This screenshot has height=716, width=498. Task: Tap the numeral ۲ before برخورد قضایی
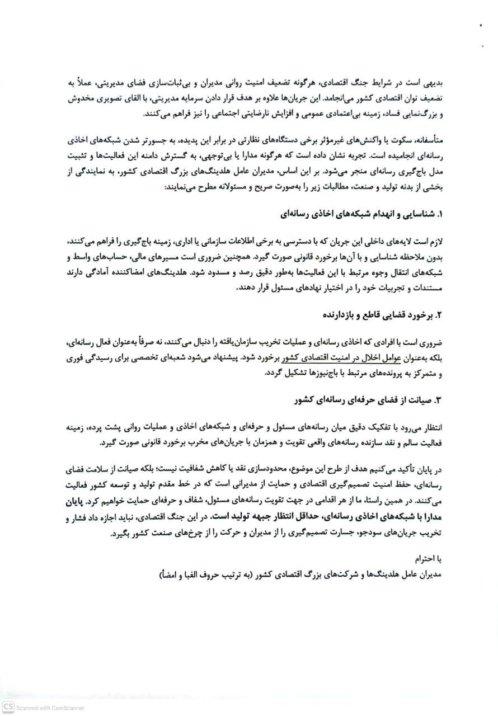click(x=439, y=315)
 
